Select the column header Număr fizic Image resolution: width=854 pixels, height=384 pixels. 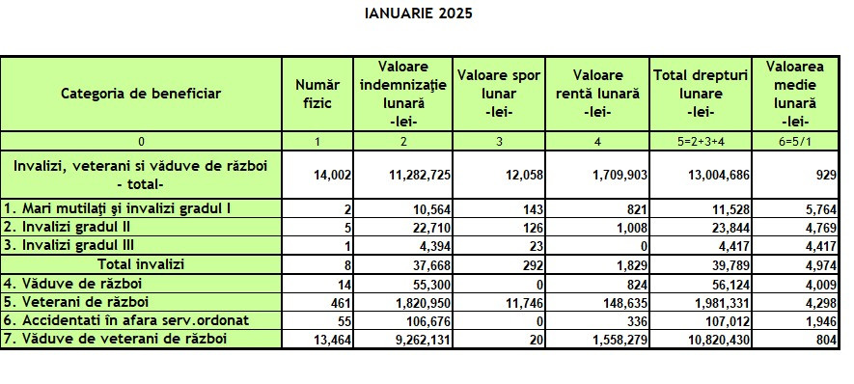point(318,94)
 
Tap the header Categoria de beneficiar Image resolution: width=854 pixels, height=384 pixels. point(141,94)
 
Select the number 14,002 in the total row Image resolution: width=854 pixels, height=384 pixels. point(330,176)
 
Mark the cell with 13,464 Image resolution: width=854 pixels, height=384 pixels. point(330,339)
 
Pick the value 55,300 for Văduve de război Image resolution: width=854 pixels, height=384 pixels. point(426,283)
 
